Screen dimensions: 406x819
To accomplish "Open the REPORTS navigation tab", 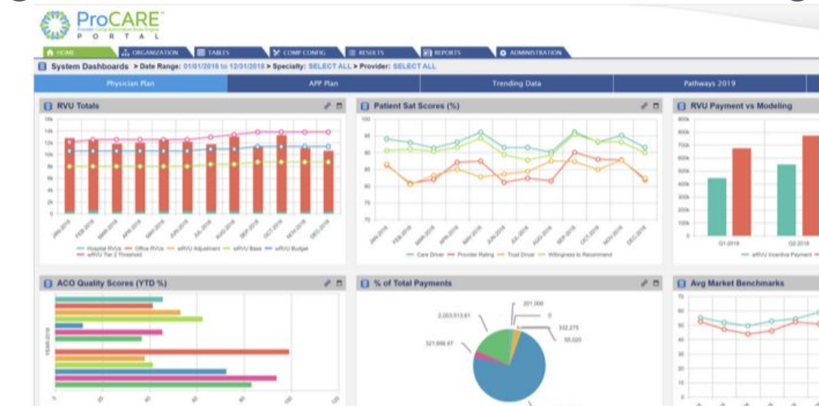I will tap(442, 53).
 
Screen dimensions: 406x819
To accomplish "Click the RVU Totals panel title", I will tap(78, 106).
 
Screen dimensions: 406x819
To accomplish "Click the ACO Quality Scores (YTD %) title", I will tap(112, 283).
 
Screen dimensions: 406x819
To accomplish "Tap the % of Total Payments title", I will tap(413, 283).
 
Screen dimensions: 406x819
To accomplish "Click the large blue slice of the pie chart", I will tap(514, 370).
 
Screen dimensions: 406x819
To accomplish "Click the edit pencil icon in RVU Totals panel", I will tap(326, 106).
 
